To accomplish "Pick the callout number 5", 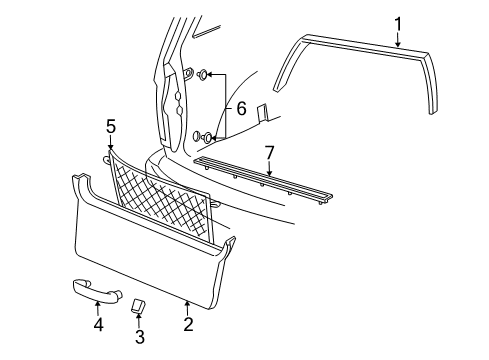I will (x=111, y=126).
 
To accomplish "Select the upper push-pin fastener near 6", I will (x=203, y=73).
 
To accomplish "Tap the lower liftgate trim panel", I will (x=150, y=250).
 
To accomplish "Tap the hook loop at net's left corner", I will (x=106, y=156).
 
